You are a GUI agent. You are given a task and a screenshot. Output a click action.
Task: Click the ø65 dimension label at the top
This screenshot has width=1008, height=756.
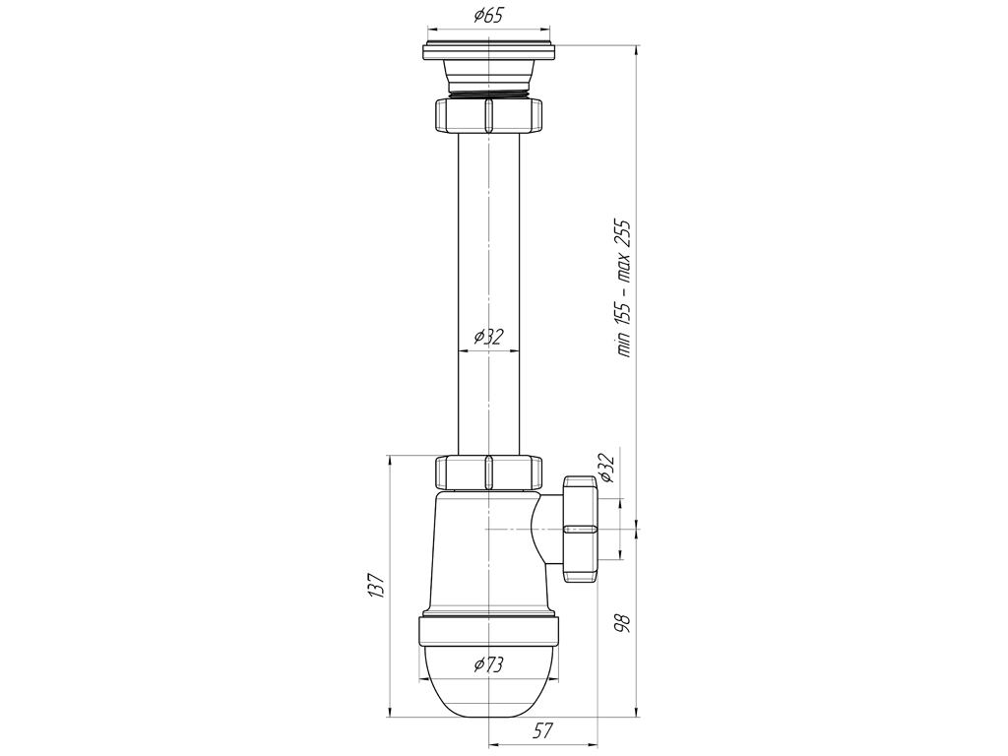pos(488,16)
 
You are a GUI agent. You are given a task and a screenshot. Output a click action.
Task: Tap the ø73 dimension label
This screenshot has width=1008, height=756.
pos(488,664)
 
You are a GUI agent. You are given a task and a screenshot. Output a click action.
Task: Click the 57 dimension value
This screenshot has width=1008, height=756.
pos(543,730)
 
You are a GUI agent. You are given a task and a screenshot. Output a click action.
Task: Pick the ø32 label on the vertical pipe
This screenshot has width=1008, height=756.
pos(488,337)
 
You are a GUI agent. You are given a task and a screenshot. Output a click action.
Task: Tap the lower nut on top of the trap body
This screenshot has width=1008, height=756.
pos(488,472)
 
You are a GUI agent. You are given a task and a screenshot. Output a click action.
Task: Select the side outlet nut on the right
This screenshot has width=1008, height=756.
pos(580,529)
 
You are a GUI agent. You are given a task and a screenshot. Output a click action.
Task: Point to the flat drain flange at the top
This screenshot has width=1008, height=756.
pos(488,48)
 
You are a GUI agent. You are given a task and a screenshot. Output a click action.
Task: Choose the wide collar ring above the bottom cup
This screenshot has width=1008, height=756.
pos(488,630)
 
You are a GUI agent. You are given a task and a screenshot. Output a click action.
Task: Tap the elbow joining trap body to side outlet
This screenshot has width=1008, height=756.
pos(544,529)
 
